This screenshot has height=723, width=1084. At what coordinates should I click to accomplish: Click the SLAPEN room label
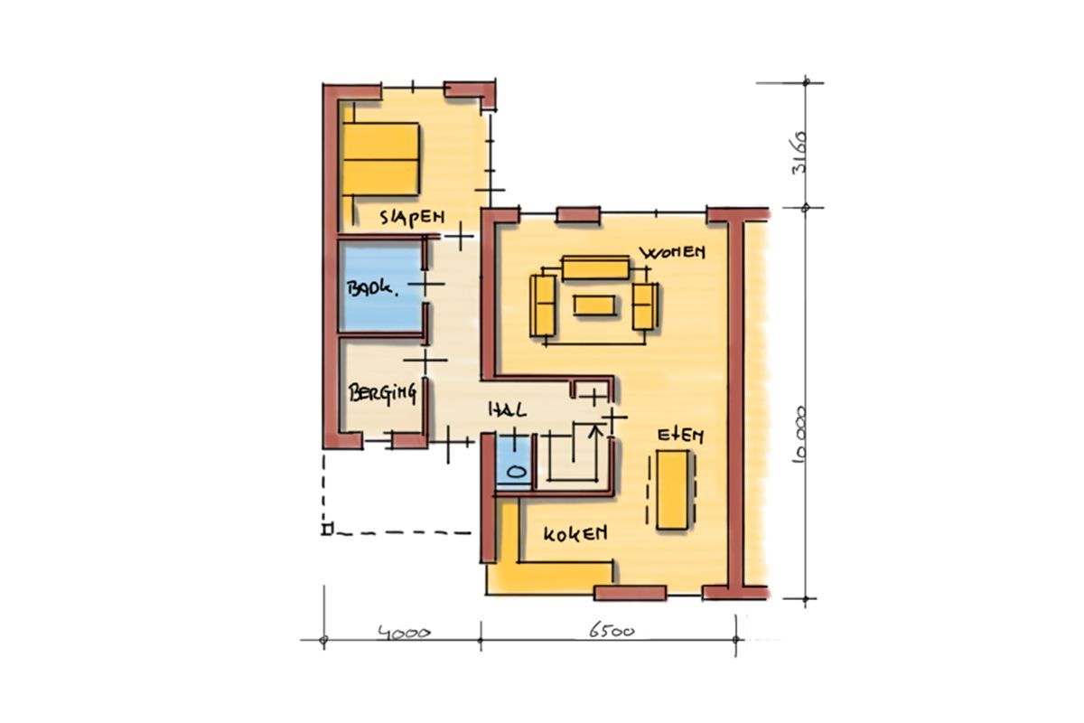click(412, 218)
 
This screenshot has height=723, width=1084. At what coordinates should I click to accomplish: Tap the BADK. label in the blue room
click(371, 288)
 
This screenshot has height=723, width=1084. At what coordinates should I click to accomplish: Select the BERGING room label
click(382, 393)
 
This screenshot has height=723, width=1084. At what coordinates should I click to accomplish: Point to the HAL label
click(507, 411)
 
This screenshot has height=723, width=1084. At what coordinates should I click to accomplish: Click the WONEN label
click(672, 252)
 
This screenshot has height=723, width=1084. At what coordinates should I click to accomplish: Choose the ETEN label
click(680, 436)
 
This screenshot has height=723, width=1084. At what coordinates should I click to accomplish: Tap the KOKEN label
click(575, 534)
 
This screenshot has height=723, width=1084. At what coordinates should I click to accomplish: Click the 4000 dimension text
click(405, 633)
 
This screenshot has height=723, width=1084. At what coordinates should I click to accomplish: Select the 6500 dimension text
click(612, 631)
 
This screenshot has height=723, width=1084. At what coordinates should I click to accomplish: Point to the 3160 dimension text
click(799, 152)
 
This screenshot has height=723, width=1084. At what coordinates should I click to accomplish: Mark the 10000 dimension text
click(800, 435)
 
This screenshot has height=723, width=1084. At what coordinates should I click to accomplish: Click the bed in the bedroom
click(380, 159)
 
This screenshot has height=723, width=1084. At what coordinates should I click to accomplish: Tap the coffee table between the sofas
click(594, 305)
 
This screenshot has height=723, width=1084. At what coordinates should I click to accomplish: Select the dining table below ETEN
click(672, 490)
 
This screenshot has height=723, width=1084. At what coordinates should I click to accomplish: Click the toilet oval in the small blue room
click(517, 471)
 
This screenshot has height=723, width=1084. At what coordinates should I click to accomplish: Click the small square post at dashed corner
click(328, 530)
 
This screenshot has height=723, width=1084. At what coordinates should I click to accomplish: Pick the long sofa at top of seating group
click(595, 268)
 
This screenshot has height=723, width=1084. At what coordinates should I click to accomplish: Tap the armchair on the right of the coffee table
click(644, 307)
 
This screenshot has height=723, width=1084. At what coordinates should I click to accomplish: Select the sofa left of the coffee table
click(543, 305)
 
